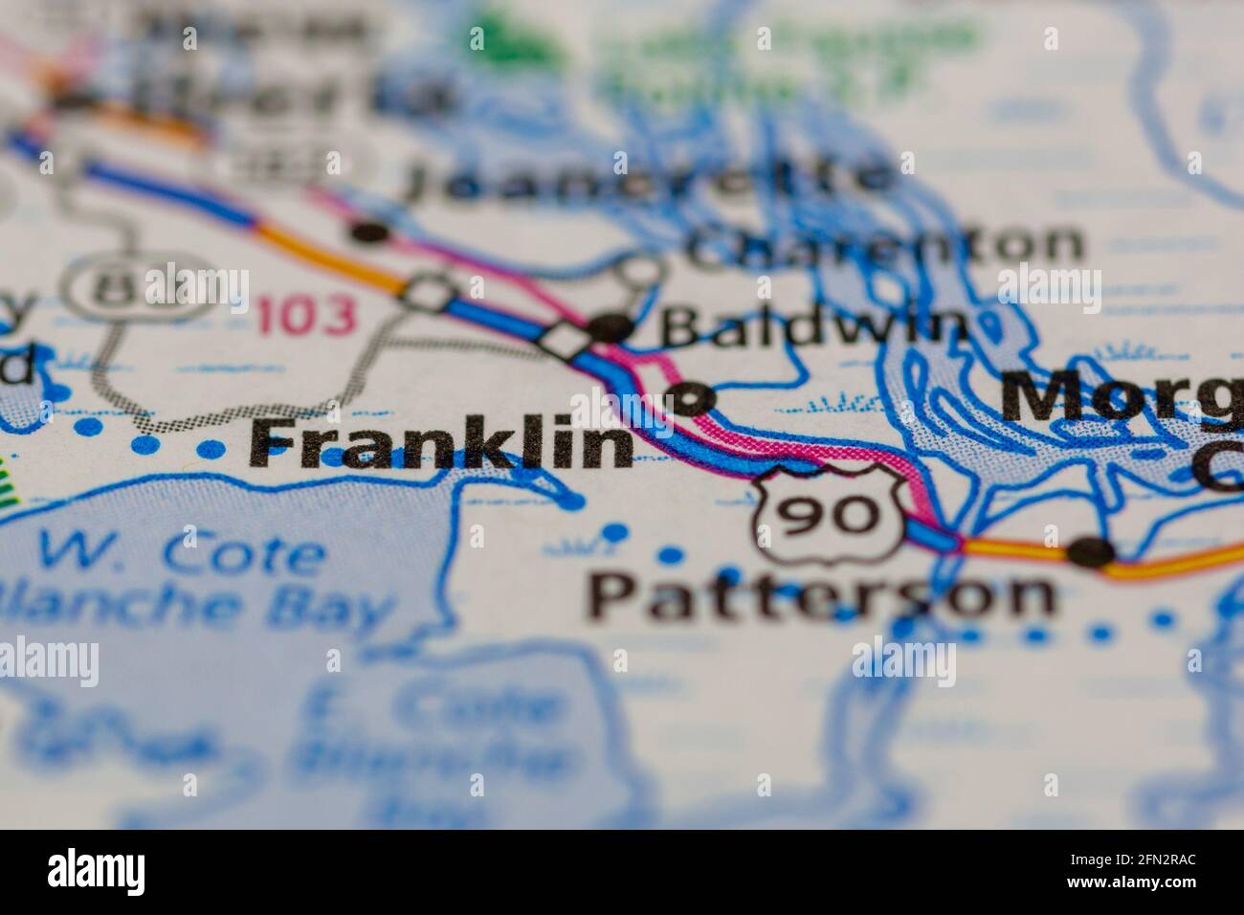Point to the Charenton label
[885, 245]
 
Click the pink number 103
[306, 316]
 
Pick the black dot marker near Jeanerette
[368, 232]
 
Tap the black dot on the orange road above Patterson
[1092, 551]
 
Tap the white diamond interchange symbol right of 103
[431, 291]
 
